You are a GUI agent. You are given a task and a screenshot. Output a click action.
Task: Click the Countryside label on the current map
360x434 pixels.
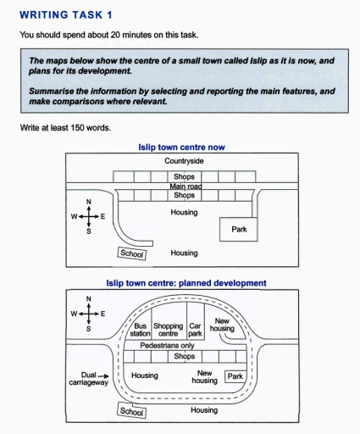coord(184,160)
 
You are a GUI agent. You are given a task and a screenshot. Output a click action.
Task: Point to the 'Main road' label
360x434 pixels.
coord(184,186)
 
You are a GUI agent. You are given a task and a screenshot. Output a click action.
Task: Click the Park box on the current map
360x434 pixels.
coord(239,228)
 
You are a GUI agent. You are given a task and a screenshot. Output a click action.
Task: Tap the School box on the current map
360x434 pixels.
coord(131,253)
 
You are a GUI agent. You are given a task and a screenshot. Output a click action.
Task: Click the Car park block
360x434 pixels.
coord(196,330)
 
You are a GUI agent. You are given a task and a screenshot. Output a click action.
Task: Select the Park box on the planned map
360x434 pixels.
coord(235,376)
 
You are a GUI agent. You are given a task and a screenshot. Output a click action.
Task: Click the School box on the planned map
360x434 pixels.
coord(131,411)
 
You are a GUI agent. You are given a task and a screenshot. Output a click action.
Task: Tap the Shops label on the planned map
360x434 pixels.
coord(184,357)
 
